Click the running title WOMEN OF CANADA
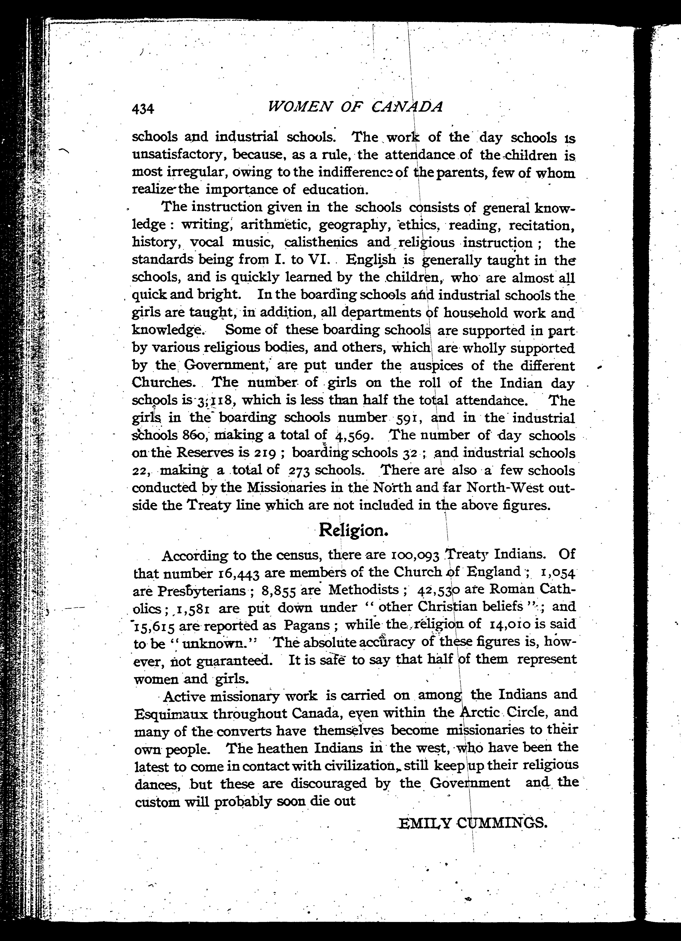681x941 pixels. pos(356,107)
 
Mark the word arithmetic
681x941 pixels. pos(276,225)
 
